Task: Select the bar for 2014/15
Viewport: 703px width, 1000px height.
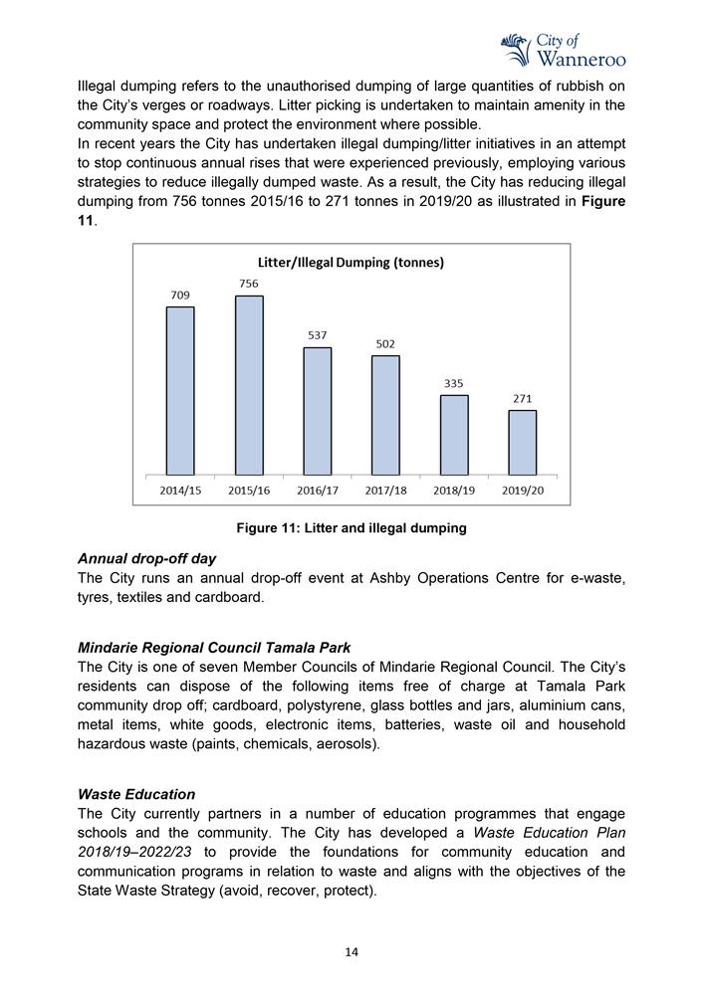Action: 180,390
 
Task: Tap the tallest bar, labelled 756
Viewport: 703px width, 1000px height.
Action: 249,385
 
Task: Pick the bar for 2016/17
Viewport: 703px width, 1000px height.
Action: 318,411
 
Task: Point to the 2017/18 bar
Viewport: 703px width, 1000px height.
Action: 385,415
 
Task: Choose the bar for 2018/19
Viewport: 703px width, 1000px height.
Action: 454,435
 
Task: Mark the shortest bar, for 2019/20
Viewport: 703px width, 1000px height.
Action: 523,443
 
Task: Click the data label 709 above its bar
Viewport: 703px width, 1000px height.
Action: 180,295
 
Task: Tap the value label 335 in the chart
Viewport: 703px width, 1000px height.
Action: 454,383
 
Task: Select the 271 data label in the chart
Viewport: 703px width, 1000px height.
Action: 523,399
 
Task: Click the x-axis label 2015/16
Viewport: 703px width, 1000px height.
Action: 249,491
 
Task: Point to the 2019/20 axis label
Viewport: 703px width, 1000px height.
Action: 523,491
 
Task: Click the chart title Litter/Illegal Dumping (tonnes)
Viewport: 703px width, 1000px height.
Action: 351,263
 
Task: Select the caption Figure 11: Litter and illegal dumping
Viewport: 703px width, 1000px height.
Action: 351,528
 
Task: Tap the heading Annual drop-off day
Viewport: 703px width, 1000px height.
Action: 146,558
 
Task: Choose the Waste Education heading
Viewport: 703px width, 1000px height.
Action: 136,794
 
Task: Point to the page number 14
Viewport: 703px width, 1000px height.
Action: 351,952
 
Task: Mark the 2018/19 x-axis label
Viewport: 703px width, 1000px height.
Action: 454,491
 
